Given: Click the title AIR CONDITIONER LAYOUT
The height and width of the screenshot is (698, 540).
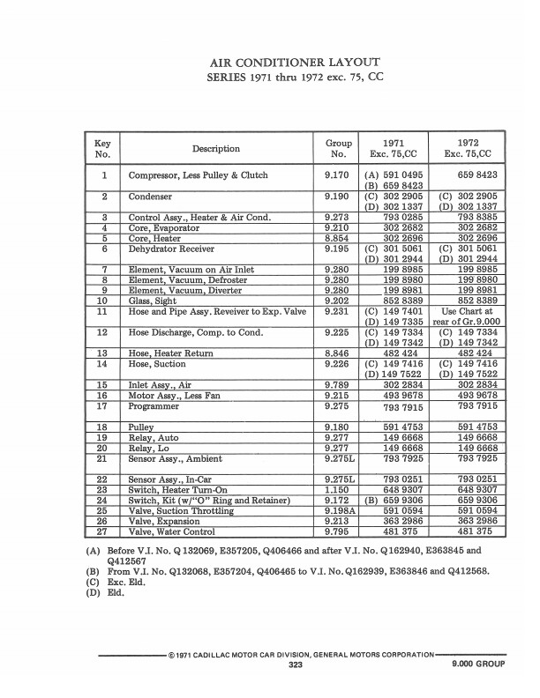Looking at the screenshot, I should pyautogui.click(x=294, y=63).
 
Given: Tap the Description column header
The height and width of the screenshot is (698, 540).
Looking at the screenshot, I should pyautogui.click(x=215, y=149).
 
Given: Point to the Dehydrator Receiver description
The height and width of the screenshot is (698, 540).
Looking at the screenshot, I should pyautogui.click(x=171, y=249).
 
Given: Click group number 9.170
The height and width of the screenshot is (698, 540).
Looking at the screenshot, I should pyautogui.click(x=336, y=175).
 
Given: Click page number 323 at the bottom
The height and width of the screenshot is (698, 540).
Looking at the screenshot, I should pyautogui.click(x=296, y=665).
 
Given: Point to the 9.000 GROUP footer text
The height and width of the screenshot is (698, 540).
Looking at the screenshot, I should pyautogui.click(x=478, y=665).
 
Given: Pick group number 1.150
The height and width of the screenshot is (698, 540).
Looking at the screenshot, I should pyautogui.click(x=336, y=490).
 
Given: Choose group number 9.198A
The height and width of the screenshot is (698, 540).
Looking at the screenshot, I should pyautogui.click(x=339, y=510).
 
